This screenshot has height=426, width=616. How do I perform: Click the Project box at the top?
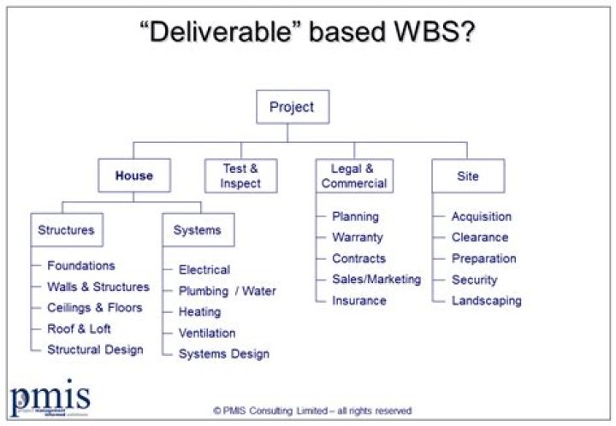click(x=292, y=107)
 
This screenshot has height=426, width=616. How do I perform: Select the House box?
click(x=133, y=176)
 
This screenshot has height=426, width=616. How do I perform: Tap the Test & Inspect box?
click(x=240, y=176)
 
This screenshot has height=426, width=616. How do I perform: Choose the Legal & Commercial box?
click(x=352, y=176)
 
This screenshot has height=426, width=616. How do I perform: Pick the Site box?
click(x=467, y=176)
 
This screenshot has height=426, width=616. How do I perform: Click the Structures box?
click(x=66, y=230)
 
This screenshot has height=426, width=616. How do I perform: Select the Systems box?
click(x=198, y=230)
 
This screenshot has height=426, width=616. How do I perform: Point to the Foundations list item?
click(x=80, y=266)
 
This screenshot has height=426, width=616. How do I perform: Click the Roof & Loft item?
click(x=79, y=328)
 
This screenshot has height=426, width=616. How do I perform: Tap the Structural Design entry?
click(x=95, y=350)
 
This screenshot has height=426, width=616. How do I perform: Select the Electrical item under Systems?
click(x=204, y=270)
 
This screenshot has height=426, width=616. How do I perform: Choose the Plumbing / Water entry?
click(x=227, y=291)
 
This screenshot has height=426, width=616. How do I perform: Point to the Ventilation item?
click(x=206, y=333)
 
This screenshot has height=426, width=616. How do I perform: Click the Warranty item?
click(x=357, y=238)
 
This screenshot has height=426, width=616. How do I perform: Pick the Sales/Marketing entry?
click(x=376, y=280)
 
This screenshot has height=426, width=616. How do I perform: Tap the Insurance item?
click(x=358, y=300)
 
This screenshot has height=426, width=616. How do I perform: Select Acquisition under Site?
click(x=481, y=217)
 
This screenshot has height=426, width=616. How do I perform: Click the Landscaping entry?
click(x=486, y=300)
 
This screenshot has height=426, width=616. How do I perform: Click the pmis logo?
click(x=50, y=398)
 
